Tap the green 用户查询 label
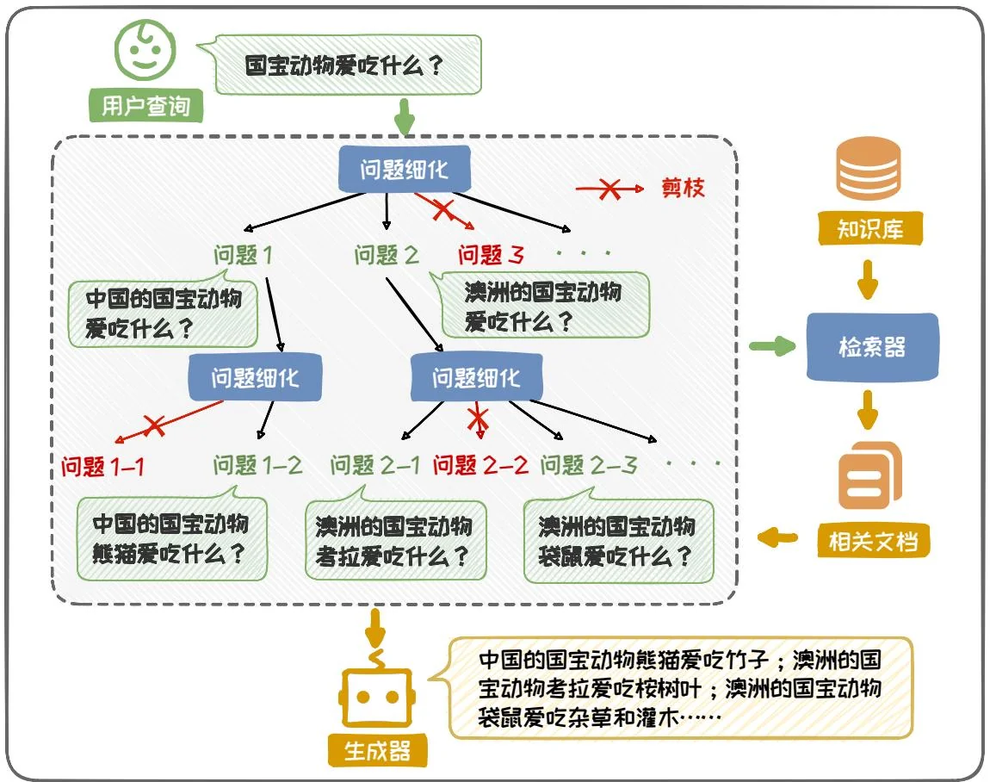(x=146, y=106)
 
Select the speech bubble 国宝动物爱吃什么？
(x=344, y=65)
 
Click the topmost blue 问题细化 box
(x=405, y=170)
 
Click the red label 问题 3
(x=491, y=255)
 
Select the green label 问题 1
(x=244, y=255)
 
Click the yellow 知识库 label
(x=869, y=230)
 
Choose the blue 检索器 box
(x=872, y=347)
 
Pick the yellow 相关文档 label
(x=872, y=542)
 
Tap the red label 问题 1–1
(x=103, y=467)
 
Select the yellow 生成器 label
(x=377, y=751)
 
